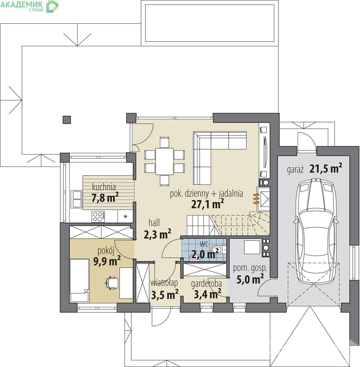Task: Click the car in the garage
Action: tap(315, 231)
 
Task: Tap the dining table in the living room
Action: tap(164, 161)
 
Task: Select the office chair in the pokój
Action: tap(112, 283)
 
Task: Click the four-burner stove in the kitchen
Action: tap(98, 217)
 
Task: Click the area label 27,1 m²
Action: tap(207, 204)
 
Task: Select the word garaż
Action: tap(295, 169)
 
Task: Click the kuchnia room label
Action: tap(104, 187)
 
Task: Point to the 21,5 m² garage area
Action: tap(326, 168)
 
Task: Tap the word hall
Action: tap(154, 222)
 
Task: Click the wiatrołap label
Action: tap(164, 283)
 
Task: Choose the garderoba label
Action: tap(206, 284)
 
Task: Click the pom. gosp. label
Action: tap(250, 268)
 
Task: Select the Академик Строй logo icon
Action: tap(52, 6)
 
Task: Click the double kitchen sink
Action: tap(77, 199)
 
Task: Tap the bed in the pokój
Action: tap(79, 280)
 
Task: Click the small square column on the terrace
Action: tap(67, 120)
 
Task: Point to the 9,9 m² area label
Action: tap(107, 261)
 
